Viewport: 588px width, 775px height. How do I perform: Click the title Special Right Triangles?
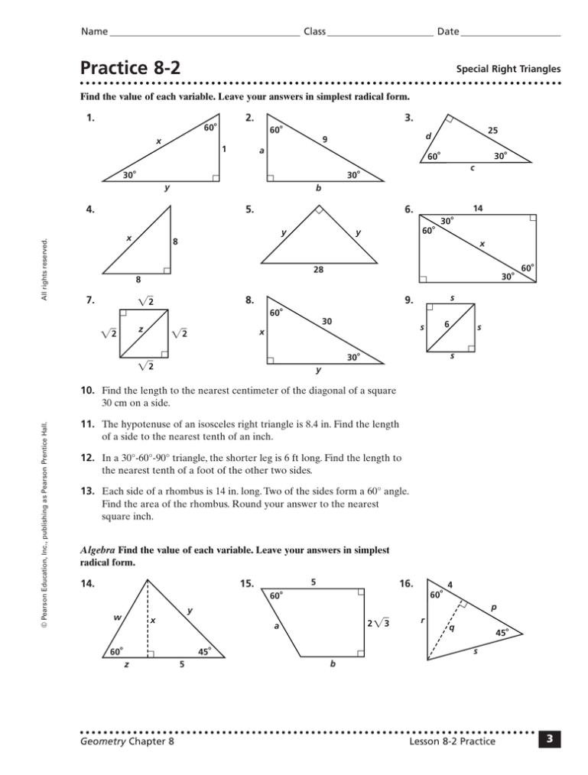tap(508, 69)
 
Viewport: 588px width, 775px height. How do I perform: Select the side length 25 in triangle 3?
tap(492, 131)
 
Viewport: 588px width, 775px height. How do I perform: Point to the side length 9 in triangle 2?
tap(324, 139)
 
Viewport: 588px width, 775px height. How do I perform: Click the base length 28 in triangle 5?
tap(316, 270)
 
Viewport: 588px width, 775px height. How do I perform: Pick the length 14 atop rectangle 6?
tap(479, 208)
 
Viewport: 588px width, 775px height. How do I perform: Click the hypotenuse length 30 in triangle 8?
tap(326, 323)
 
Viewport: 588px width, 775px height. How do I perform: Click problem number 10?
tap(87, 391)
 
